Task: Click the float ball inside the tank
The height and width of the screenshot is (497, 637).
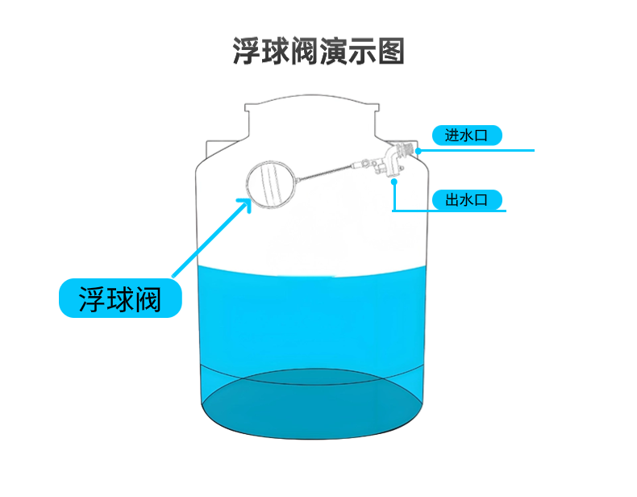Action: coord(271,185)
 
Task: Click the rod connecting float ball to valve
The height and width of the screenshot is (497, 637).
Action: coord(325,172)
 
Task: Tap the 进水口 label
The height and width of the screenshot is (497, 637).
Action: coord(467,136)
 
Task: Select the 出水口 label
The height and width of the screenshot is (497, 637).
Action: coord(467,200)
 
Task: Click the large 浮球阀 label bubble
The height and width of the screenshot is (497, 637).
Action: coord(120,299)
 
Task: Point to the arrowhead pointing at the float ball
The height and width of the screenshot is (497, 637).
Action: coord(244,205)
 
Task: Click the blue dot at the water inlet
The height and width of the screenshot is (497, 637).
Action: coord(418,151)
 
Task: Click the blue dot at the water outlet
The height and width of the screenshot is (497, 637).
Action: coord(394,182)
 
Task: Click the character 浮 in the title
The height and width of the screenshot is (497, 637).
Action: coord(247,51)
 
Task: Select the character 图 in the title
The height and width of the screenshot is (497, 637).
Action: coord(391,51)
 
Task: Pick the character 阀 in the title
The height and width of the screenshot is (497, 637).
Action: coord(304,51)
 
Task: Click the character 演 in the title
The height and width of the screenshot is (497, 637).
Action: coord(333,51)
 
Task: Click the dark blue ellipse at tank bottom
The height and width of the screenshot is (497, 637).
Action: coord(312,404)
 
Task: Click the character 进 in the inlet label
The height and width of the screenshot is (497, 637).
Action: coord(452,136)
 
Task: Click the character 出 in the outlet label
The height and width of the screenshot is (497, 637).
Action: coord(452,200)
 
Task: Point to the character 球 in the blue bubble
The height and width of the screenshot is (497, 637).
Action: coord(120,299)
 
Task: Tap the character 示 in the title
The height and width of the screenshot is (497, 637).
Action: coord(362,51)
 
